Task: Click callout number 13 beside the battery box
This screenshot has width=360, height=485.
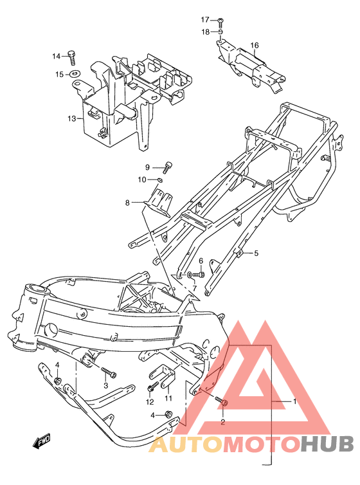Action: tap(71, 118)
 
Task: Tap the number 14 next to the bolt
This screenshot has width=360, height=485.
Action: tap(56, 56)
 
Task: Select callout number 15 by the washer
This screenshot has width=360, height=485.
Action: tap(59, 75)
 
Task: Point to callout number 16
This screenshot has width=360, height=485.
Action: tap(255, 45)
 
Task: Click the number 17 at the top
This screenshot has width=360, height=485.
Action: tap(204, 19)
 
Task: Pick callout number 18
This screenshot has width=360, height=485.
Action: tap(204, 32)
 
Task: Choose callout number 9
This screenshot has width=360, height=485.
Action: tap(147, 167)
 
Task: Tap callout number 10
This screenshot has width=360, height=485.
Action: tap(143, 179)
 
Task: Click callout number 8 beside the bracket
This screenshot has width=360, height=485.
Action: tap(127, 203)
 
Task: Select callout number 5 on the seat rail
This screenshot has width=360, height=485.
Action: tap(256, 253)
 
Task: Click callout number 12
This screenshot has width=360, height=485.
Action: tap(149, 403)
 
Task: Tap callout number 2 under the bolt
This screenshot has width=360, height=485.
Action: tap(222, 423)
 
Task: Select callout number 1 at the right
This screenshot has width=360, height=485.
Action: tap(294, 401)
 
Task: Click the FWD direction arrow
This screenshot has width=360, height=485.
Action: tap(42, 442)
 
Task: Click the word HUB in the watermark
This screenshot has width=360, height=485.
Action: tap(327, 444)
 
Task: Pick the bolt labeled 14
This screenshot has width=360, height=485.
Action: tap(73, 57)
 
